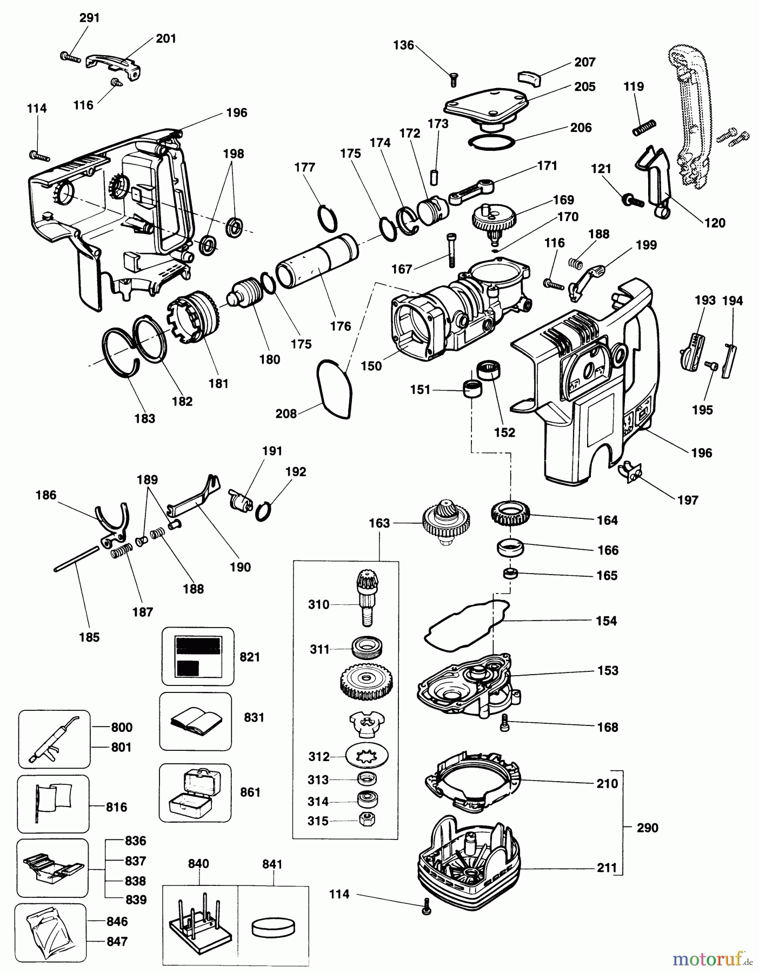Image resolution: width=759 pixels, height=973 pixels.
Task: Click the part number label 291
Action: pyautogui.click(x=90, y=18)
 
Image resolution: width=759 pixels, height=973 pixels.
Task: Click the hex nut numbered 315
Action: pyautogui.click(x=367, y=819)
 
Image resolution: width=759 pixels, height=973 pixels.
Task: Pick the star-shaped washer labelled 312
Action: pyautogui.click(x=367, y=756)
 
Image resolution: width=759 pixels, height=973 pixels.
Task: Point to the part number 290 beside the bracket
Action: pyautogui.click(x=648, y=828)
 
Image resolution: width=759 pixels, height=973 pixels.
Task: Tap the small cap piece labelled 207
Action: pyautogui.click(x=530, y=77)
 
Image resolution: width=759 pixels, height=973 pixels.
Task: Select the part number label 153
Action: pyautogui.click(x=608, y=670)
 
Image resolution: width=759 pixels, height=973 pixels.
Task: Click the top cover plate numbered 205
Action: pyautogui.click(x=485, y=107)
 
